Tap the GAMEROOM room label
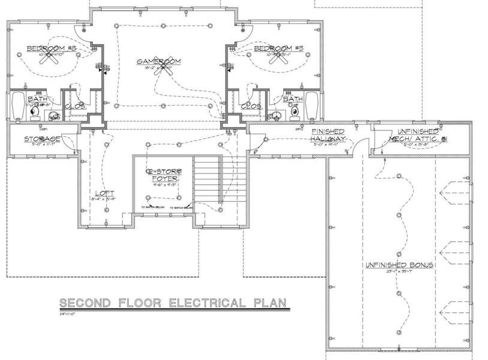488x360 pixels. (x=162, y=62)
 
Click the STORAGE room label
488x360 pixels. (x=43, y=139)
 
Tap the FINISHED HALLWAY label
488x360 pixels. (x=328, y=135)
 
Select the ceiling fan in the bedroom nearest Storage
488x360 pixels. (x=53, y=56)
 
